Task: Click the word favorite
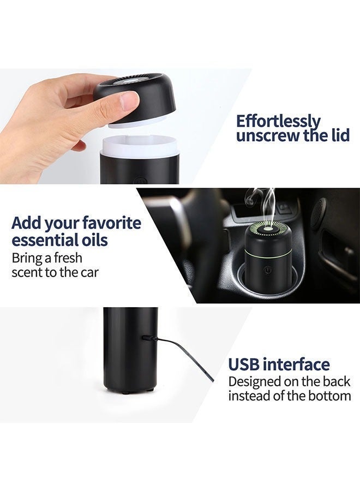click(112, 224)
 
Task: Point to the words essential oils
click(60, 241)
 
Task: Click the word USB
click(245, 364)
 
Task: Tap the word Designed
click(255, 382)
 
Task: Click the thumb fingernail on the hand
click(130, 101)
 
